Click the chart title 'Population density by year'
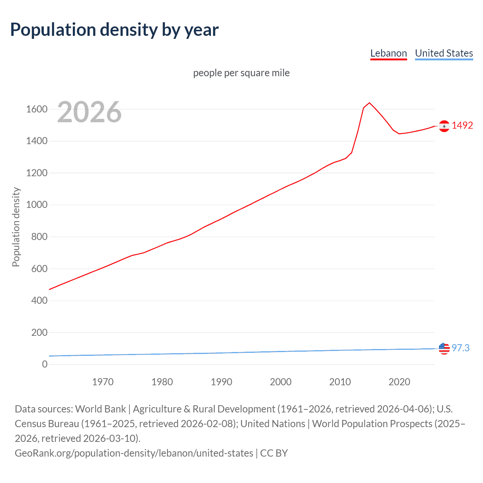(114, 30)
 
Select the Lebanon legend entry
(388, 54)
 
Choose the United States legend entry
(444, 54)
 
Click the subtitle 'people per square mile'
(241, 73)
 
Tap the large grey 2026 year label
(89, 112)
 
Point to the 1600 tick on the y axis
(37, 109)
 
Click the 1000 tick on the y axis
(37, 205)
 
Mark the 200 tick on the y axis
(39, 332)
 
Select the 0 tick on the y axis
(45, 364)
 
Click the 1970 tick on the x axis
(103, 382)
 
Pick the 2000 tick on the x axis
(281, 382)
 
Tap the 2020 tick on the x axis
(399, 382)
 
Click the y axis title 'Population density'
(16, 227)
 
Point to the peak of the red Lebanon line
(369, 103)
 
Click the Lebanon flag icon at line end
(444, 126)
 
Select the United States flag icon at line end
(444, 349)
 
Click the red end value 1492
(462, 126)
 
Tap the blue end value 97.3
(460, 348)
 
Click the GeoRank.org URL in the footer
(134, 453)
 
